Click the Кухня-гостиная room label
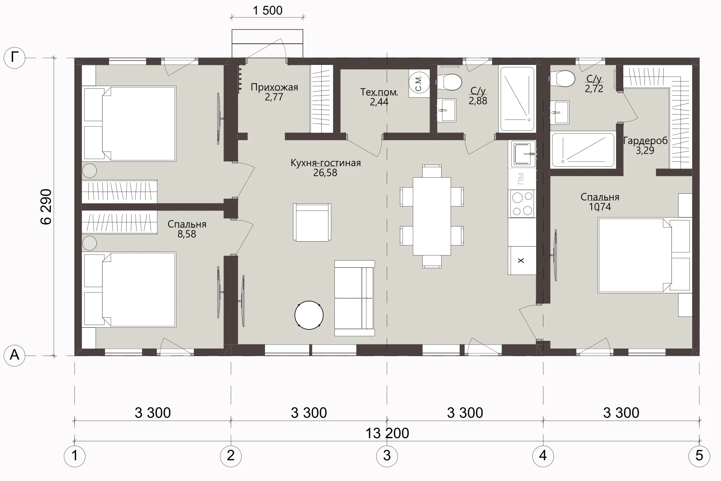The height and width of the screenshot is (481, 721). (x=325, y=163)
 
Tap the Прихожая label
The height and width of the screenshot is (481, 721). (x=274, y=87)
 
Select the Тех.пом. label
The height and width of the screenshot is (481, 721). (x=379, y=92)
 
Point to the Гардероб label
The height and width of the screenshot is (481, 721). (x=645, y=141)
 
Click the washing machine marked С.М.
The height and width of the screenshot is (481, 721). (x=420, y=83)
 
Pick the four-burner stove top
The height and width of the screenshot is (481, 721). (x=522, y=203)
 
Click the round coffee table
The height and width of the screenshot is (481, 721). (x=309, y=315)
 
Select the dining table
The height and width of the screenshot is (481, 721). (x=432, y=216)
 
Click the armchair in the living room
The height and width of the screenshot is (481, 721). (x=312, y=222)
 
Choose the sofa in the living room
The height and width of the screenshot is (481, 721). (x=354, y=298)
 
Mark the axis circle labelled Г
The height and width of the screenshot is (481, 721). (x=14, y=58)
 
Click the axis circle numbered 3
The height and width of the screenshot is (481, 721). (x=387, y=456)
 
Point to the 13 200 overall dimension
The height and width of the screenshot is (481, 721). (x=387, y=433)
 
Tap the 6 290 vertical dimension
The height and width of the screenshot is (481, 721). (x=46, y=207)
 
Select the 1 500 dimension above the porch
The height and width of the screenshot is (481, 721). (x=268, y=11)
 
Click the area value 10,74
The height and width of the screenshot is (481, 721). (x=600, y=207)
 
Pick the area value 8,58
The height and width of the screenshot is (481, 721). (x=187, y=234)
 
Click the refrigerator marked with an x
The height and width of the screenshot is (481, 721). (x=522, y=261)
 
